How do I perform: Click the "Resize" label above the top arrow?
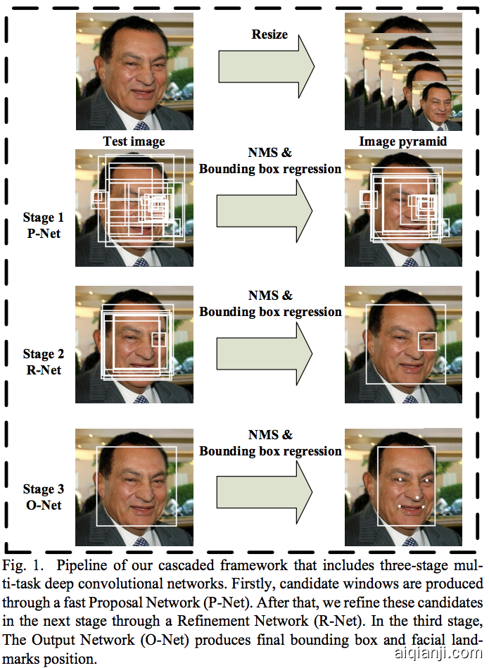[269, 34]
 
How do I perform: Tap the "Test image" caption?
[134, 141]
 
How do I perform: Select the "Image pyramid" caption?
[403, 141]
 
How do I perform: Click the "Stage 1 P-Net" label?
[42, 226]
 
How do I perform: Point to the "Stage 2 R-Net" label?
[42, 362]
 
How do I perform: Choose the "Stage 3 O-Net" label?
[42, 497]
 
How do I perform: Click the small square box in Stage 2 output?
[426, 341]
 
